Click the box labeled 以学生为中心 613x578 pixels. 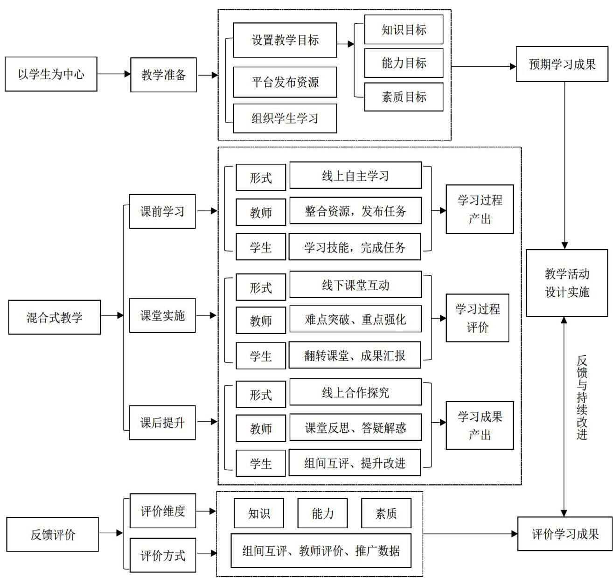[51, 74]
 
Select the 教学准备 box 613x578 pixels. [163, 75]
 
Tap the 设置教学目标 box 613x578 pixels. [285, 41]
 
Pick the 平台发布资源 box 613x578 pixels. [285, 82]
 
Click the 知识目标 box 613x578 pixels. [404, 30]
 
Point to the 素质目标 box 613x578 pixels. [404, 97]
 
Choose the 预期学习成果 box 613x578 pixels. [562, 64]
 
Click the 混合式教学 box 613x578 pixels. [54, 317]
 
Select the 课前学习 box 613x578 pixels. [162, 211]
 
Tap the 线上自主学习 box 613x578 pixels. [355, 176]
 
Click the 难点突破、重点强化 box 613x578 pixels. [355, 319]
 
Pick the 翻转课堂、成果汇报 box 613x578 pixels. [355, 355]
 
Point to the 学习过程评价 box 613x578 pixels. [477, 318]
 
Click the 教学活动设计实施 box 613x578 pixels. [567, 283]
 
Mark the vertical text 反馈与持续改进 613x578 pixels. [582, 397]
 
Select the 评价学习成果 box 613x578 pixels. [565, 534]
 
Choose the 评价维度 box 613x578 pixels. [163, 511]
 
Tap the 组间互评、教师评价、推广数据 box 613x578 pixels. [321, 551]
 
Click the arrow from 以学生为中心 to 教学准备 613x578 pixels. [114, 74]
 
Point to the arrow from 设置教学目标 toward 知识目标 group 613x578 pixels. [345, 44]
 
